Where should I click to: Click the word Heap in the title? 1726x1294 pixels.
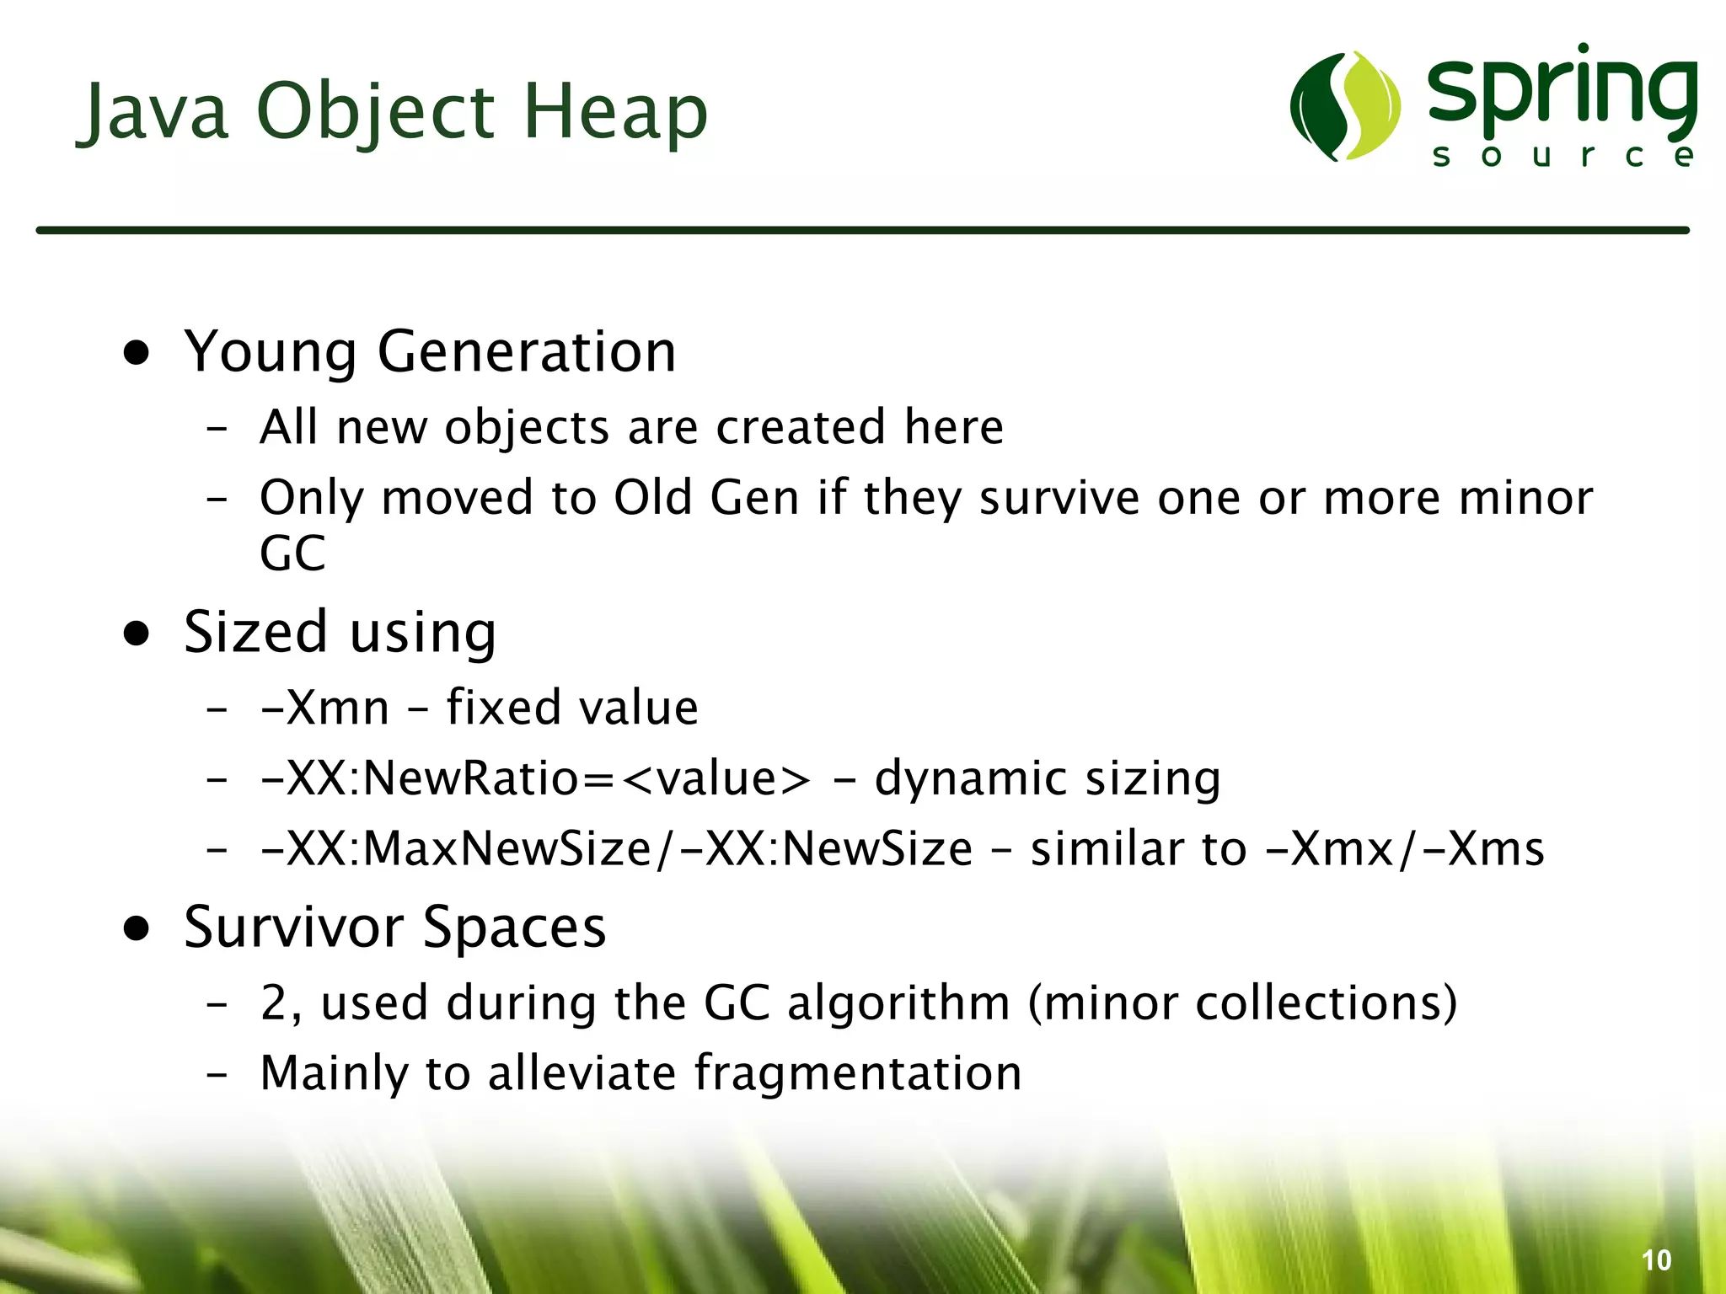point(615,111)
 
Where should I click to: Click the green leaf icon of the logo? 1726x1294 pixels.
point(1345,106)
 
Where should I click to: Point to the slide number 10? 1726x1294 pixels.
point(1656,1260)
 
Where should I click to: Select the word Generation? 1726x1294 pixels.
point(527,351)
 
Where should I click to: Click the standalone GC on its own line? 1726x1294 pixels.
point(292,553)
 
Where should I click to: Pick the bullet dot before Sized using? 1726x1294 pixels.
point(136,634)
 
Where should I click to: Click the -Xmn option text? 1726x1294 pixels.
point(325,707)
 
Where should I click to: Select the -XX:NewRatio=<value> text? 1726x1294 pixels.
point(535,778)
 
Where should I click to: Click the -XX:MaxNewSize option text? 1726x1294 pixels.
point(455,848)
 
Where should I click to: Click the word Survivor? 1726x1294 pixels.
point(294,927)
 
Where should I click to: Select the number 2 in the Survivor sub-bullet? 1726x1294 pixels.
point(275,1003)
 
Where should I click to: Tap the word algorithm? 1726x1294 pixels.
point(898,1003)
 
